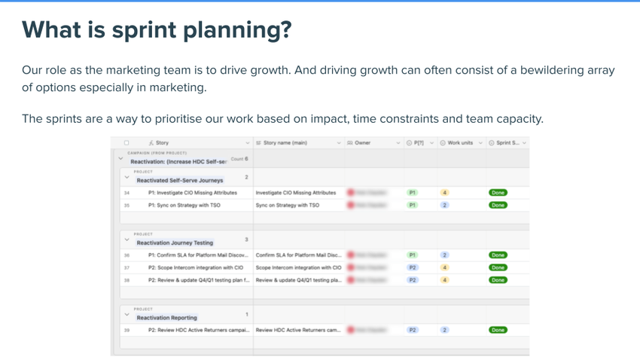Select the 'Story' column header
pos(162,142)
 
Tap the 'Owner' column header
pos(362,142)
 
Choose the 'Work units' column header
pos(460,142)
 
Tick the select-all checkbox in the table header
pos(126,142)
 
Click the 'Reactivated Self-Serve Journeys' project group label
pos(180,181)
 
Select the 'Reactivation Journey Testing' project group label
pos(175,243)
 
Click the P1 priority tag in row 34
pos(413,193)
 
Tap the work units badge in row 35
pos(445,205)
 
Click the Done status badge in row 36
pos(498,255)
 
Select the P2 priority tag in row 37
pos(413,267)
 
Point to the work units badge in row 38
pos(445,280)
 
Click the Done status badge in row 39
pos(498,330)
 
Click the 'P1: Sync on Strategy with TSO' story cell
pos(184,205)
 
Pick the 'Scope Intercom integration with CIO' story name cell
pos(299,267)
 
